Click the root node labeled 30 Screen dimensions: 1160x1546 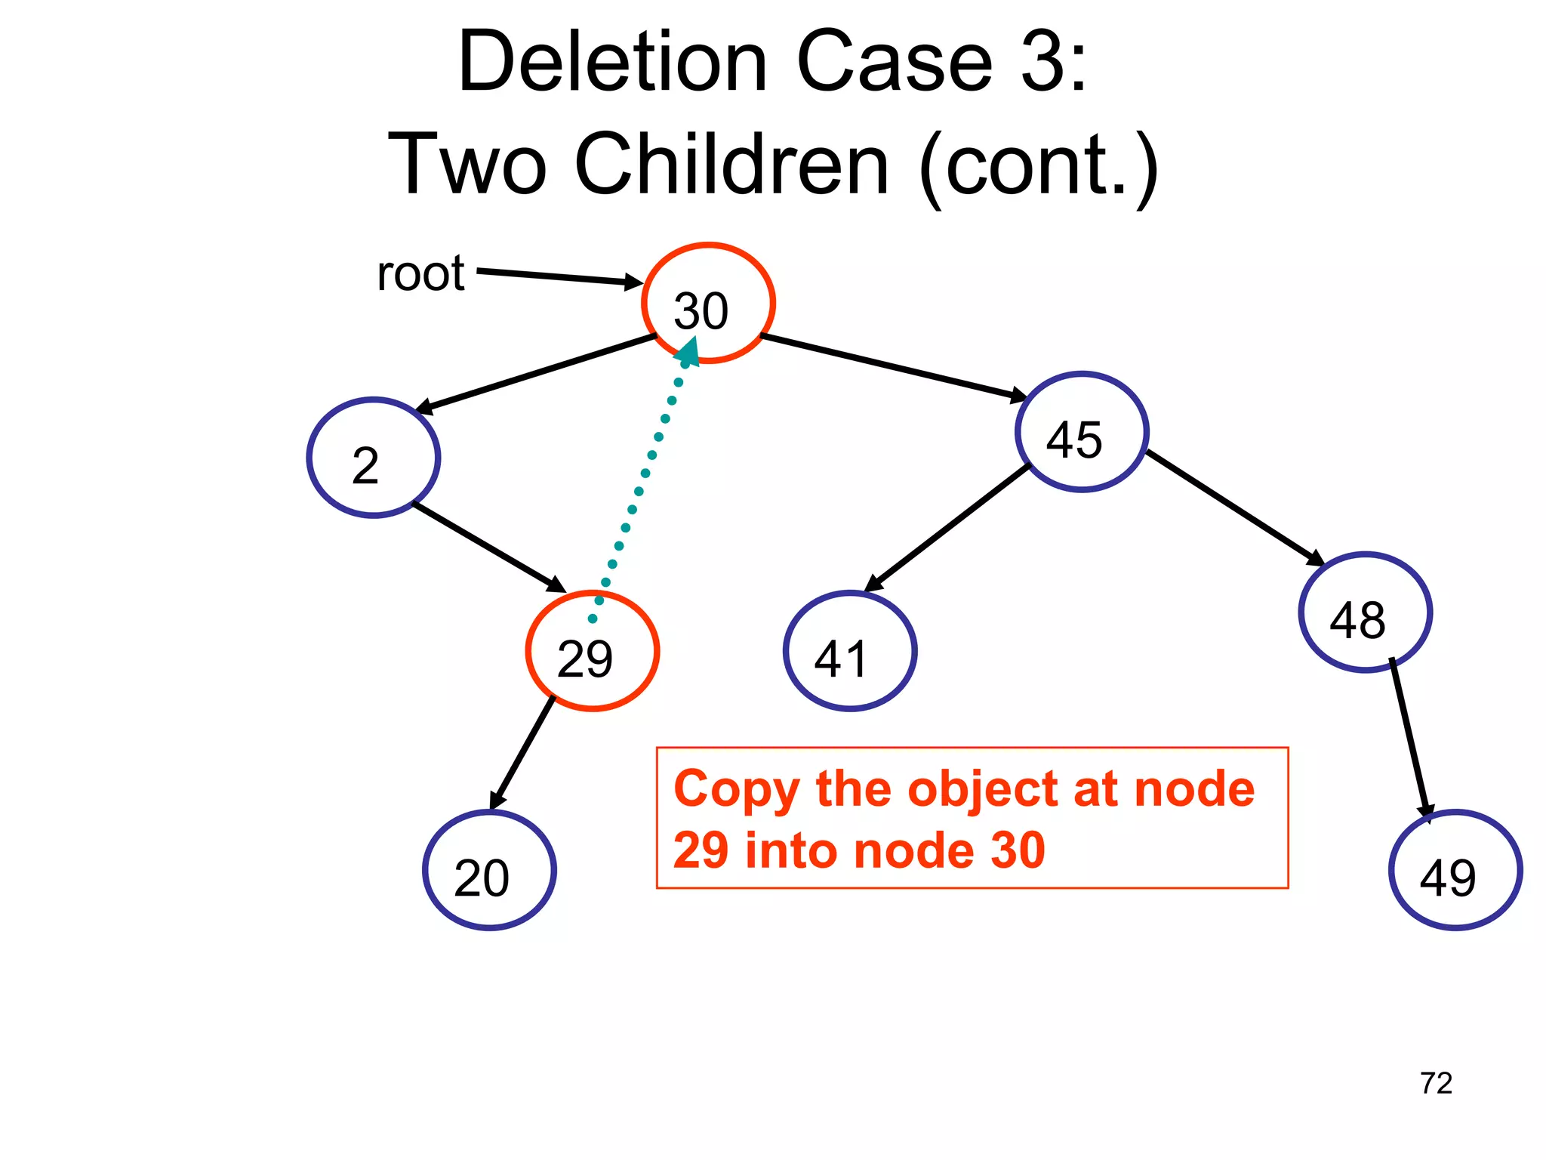pos(708,303)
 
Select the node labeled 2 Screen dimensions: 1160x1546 pos(374,458)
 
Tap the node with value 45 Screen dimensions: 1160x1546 pos(1082,432)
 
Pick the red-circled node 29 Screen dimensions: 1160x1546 pos(593,651)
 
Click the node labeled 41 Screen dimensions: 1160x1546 pos(850,651)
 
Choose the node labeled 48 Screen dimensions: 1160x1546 pos(1365,612)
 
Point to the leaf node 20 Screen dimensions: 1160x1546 pos(489,870)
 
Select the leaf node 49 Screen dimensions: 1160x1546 pos(1455,870)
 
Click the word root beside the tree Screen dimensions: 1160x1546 pos(420,273)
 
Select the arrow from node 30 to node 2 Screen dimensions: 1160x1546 pos(536,375)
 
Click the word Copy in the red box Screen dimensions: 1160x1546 pos(736,791)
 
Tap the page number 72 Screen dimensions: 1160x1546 pos(1436,1084)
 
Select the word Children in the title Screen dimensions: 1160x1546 pos(732,164)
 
